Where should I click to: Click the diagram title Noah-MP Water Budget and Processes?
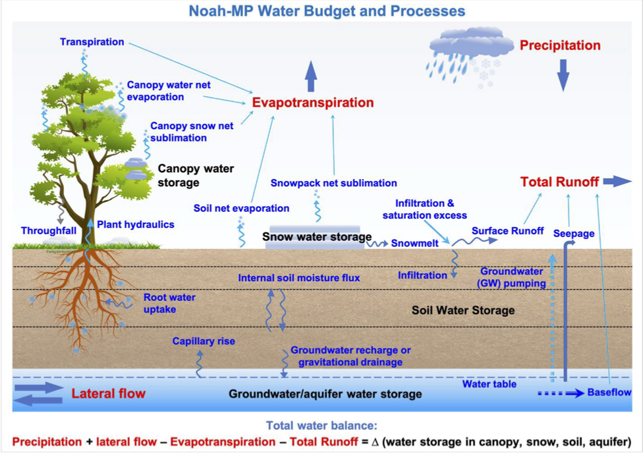[x=327, y=11]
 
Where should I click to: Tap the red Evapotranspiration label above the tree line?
[x=313, y=103]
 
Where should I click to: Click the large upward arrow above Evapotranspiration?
[x=311, y=76]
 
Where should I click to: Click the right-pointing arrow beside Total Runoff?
[x=617, y=181]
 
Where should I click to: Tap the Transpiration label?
[x=92, y=42]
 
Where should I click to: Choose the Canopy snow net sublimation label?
[x=192, y=132]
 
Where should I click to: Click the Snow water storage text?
[x=317, y=236]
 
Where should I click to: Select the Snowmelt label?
[x=414, y=243]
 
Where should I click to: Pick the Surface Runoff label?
[x=508, y=231]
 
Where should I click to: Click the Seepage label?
[x=574, y=234]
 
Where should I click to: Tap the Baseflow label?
[x=609, y=392]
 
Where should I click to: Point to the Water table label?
[x=489, y=384]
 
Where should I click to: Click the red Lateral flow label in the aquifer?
[x=108, y=394]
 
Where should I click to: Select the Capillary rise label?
[x=204, y=341]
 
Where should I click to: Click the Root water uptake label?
[x=169, y=304]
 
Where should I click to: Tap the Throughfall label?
[x=49, y=231]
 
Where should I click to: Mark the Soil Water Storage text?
[x=463, y=310]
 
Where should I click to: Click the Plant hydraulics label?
[x=135, y=225]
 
